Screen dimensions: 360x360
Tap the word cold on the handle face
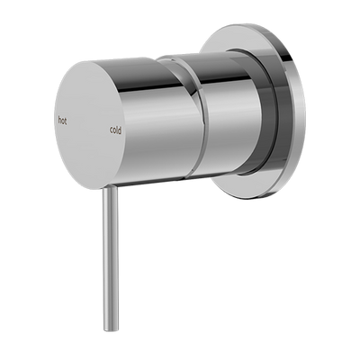click(116, 129)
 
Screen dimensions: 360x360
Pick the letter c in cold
click(111, 130)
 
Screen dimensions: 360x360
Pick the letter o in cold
click(114, 130)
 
